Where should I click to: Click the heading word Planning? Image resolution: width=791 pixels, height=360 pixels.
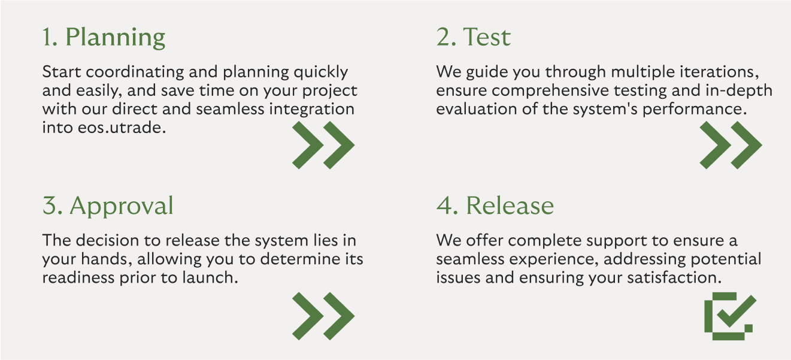click(116, 38)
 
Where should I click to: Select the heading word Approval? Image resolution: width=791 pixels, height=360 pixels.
click(122, 206)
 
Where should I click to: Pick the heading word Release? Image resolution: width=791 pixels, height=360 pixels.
click(510, 205)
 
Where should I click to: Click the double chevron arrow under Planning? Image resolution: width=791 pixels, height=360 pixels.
click(323, 145)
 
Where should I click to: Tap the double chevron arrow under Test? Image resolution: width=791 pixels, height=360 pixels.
click(731, 145)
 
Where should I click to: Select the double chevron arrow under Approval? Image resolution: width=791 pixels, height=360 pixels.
click(323, 316)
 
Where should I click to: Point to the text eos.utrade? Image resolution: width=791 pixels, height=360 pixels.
click(122, 128)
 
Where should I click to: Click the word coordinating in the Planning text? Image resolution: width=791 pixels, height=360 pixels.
click(135, 72)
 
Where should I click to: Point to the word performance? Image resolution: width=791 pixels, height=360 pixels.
click(695, 110)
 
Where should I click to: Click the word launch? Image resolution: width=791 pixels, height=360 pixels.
click(210, 278)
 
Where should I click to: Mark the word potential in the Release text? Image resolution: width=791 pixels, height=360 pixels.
click(726, 260)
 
